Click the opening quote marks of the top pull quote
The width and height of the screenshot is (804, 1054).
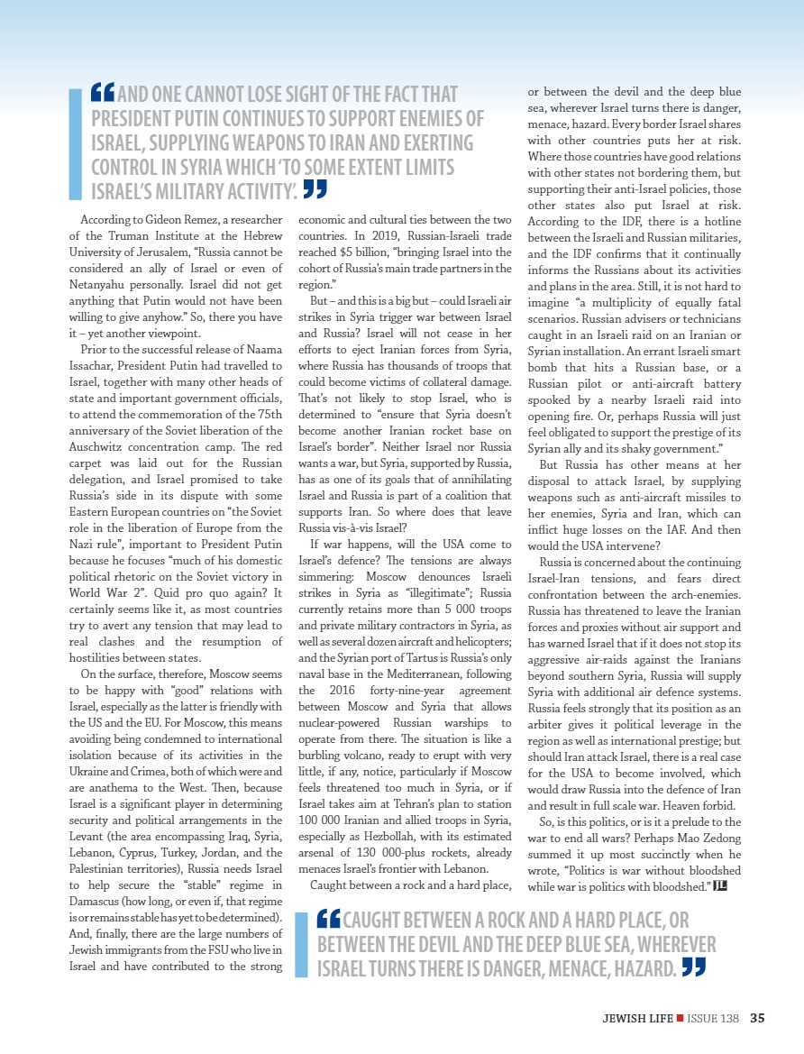tap(103, 92)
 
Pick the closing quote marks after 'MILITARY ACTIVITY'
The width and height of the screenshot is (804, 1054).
tap(315, 188)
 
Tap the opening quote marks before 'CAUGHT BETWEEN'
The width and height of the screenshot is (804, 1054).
tap(329, 921)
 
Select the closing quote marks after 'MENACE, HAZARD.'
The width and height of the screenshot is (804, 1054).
tap(693, 967)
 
